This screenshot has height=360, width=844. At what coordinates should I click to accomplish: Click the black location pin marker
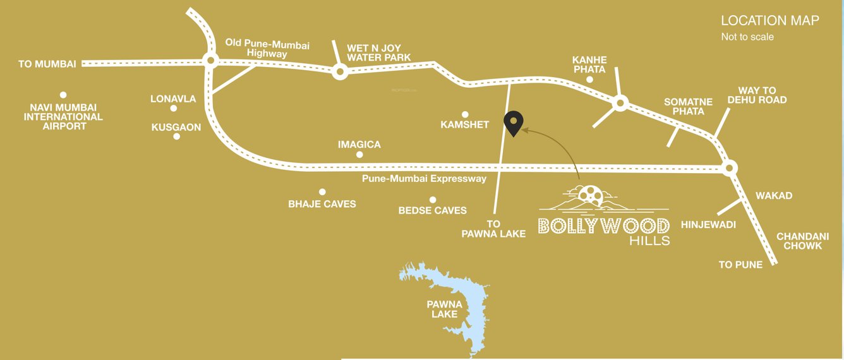[x=514, y=123]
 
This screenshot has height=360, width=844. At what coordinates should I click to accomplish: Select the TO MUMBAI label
[x=47, y=64]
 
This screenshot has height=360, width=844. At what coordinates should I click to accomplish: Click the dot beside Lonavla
[x=174, y=109]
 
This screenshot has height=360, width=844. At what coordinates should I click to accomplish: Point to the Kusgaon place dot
[x=177, y=136]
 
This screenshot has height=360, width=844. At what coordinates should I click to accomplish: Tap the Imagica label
[x=359, y=144]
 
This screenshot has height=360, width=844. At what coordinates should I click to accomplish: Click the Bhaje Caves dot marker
[x=322, y=191]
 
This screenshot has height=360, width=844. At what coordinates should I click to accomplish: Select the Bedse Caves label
[x=433, y=210]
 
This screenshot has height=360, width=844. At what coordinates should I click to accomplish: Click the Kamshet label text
[x=465, y=124]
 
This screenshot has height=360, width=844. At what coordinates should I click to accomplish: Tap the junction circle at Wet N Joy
[x=340, y=73]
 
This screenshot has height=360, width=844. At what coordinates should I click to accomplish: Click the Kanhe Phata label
[x=589, y=64]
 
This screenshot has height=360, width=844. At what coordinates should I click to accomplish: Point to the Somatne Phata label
[x=688, y=107]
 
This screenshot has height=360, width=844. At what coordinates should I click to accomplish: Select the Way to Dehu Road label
[x=757, y=95]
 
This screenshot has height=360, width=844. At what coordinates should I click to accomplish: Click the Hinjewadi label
[x=708, y=224]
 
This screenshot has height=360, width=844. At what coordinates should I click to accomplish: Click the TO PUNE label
[x=740, y=265]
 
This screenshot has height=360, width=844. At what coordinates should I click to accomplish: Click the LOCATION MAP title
[x=770, y=21]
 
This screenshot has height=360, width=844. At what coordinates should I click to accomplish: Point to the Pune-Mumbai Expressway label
[x=424, y=179]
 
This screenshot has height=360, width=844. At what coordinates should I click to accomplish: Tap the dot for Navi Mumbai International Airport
[x=63, y=93]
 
